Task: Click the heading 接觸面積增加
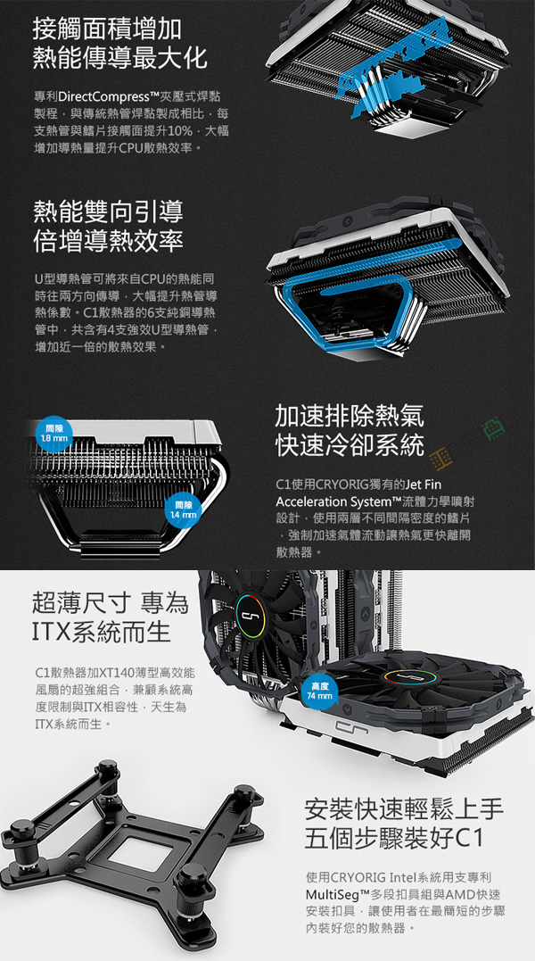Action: point(107,29)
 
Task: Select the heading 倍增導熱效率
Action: point(108,240)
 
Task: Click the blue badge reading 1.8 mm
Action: point(54,432)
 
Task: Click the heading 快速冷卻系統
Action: point(350,444)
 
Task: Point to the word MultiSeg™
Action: point(339,894)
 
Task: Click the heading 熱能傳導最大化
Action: point(120,57)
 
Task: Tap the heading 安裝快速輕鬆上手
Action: point(404,809)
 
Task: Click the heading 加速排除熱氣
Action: point(350,416)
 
